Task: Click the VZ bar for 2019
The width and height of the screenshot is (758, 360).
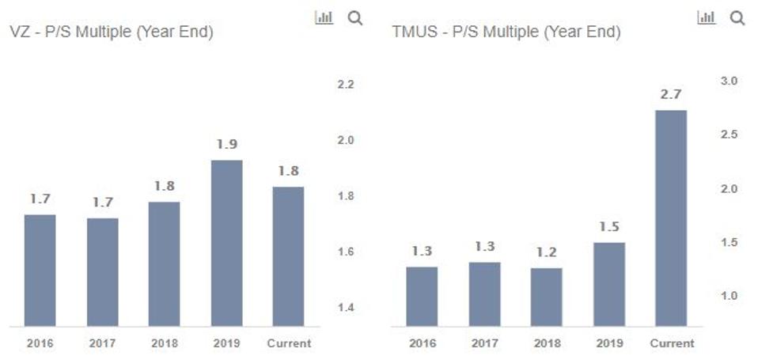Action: pyautogui.click(x=226, y=243)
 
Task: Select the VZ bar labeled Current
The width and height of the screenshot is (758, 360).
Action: pyautogui.click(x=288, y=256)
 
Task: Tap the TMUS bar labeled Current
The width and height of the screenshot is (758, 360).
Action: pyautogui.click(x=671, y=218)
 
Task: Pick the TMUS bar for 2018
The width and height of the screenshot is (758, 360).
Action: pyautogui.click(x=546, y=297)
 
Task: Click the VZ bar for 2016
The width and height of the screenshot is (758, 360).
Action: pyautogui.click(x=40, y=270)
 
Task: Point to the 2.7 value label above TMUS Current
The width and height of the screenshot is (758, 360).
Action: pyautogui.click(x=671, y=94)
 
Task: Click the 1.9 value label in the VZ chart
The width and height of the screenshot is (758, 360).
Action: pyautogui.click(x=226, y=145)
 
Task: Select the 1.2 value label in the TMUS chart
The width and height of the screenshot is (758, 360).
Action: pyautogui.click(x=546, y=252)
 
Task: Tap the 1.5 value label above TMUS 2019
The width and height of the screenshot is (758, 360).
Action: pyautogui.click(x=608, y=227)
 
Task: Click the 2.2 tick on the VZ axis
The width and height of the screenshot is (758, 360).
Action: pyautogui.click(x=345, y=85)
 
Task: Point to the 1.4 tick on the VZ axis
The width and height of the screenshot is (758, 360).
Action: pyautogui.click(x=345, y=308)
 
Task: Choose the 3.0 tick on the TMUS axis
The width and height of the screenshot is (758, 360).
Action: pyautogui.click(x=728, y=81)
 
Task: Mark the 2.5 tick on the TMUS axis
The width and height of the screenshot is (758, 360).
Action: pyautogui.click(x=728, y=135)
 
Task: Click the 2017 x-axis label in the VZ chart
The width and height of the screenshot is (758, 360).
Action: pyautogui.click(x=102, y=343)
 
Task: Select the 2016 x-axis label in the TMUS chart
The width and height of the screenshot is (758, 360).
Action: pyautogui.click(x=422, y=343)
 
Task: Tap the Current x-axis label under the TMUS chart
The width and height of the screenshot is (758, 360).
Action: pyautogui.click(x=671, y=343)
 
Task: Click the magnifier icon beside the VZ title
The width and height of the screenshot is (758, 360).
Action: pyautogui.click(x=355, y=18)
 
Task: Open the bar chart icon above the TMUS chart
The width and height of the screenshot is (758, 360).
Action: pyautogui.click(x=706, y=17)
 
